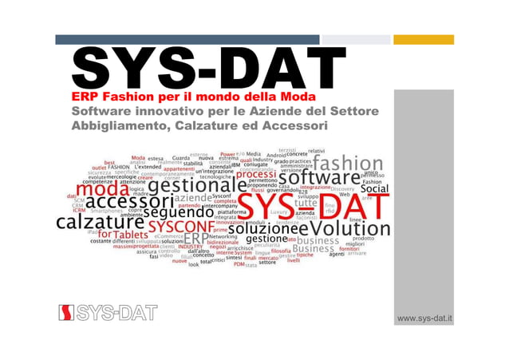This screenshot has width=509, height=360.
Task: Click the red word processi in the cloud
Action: point(255,176)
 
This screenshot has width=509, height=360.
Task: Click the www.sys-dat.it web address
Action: point(425,318)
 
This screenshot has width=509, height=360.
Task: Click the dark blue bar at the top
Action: point(187,39)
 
